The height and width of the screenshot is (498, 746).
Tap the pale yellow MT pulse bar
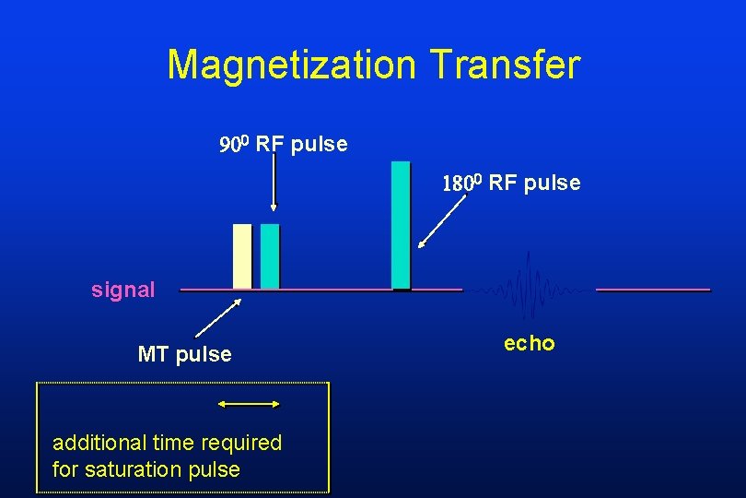point(242,256)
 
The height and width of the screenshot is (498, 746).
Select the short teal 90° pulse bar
point(270,256)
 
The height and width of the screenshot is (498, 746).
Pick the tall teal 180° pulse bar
point(401,225)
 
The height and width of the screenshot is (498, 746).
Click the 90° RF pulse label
point(283,145)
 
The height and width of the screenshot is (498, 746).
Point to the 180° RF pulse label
point(511,183)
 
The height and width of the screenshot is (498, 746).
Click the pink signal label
point(123,290)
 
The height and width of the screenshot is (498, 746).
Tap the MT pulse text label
point(184,354)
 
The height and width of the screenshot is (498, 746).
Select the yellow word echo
point(530,343)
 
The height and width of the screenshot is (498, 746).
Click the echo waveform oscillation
point(529,289)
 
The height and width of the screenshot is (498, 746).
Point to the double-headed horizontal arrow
point(248,403)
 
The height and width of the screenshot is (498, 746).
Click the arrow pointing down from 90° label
point(274,184)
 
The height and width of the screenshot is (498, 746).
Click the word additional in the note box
point(93,443)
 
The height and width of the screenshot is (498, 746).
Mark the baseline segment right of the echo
point(653,290)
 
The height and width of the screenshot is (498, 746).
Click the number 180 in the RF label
point(458,184)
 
